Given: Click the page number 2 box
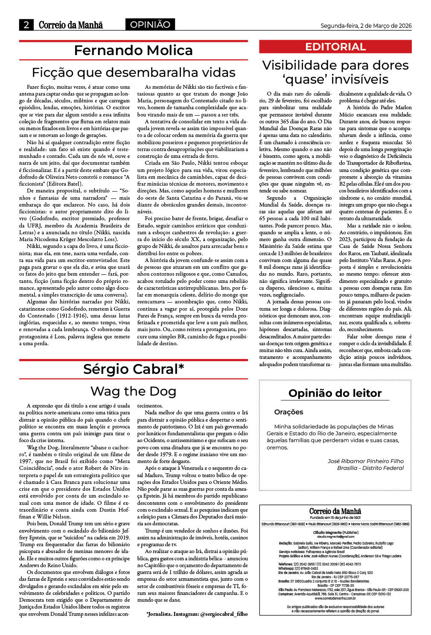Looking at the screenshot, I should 26,25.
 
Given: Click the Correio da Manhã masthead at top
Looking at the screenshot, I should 71,25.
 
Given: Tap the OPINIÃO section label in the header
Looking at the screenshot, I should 150,25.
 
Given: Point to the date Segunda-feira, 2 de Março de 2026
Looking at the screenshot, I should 366,26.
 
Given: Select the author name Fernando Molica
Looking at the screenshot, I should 133,50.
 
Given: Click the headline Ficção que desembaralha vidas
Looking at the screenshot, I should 133,72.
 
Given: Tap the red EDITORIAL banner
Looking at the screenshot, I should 335,47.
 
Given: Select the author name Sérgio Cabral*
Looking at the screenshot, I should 133,369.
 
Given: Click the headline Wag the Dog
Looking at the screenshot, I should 133,391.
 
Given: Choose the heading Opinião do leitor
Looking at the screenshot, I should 335,393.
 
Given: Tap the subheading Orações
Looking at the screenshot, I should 288,412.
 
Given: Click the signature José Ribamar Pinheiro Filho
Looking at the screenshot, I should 365,461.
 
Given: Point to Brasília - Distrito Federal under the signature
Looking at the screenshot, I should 370,468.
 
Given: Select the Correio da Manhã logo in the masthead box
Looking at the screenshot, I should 335,511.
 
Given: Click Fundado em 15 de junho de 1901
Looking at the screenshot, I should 335,518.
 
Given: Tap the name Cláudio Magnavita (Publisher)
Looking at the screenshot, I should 335,533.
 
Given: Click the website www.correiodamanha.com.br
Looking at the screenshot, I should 335,598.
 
